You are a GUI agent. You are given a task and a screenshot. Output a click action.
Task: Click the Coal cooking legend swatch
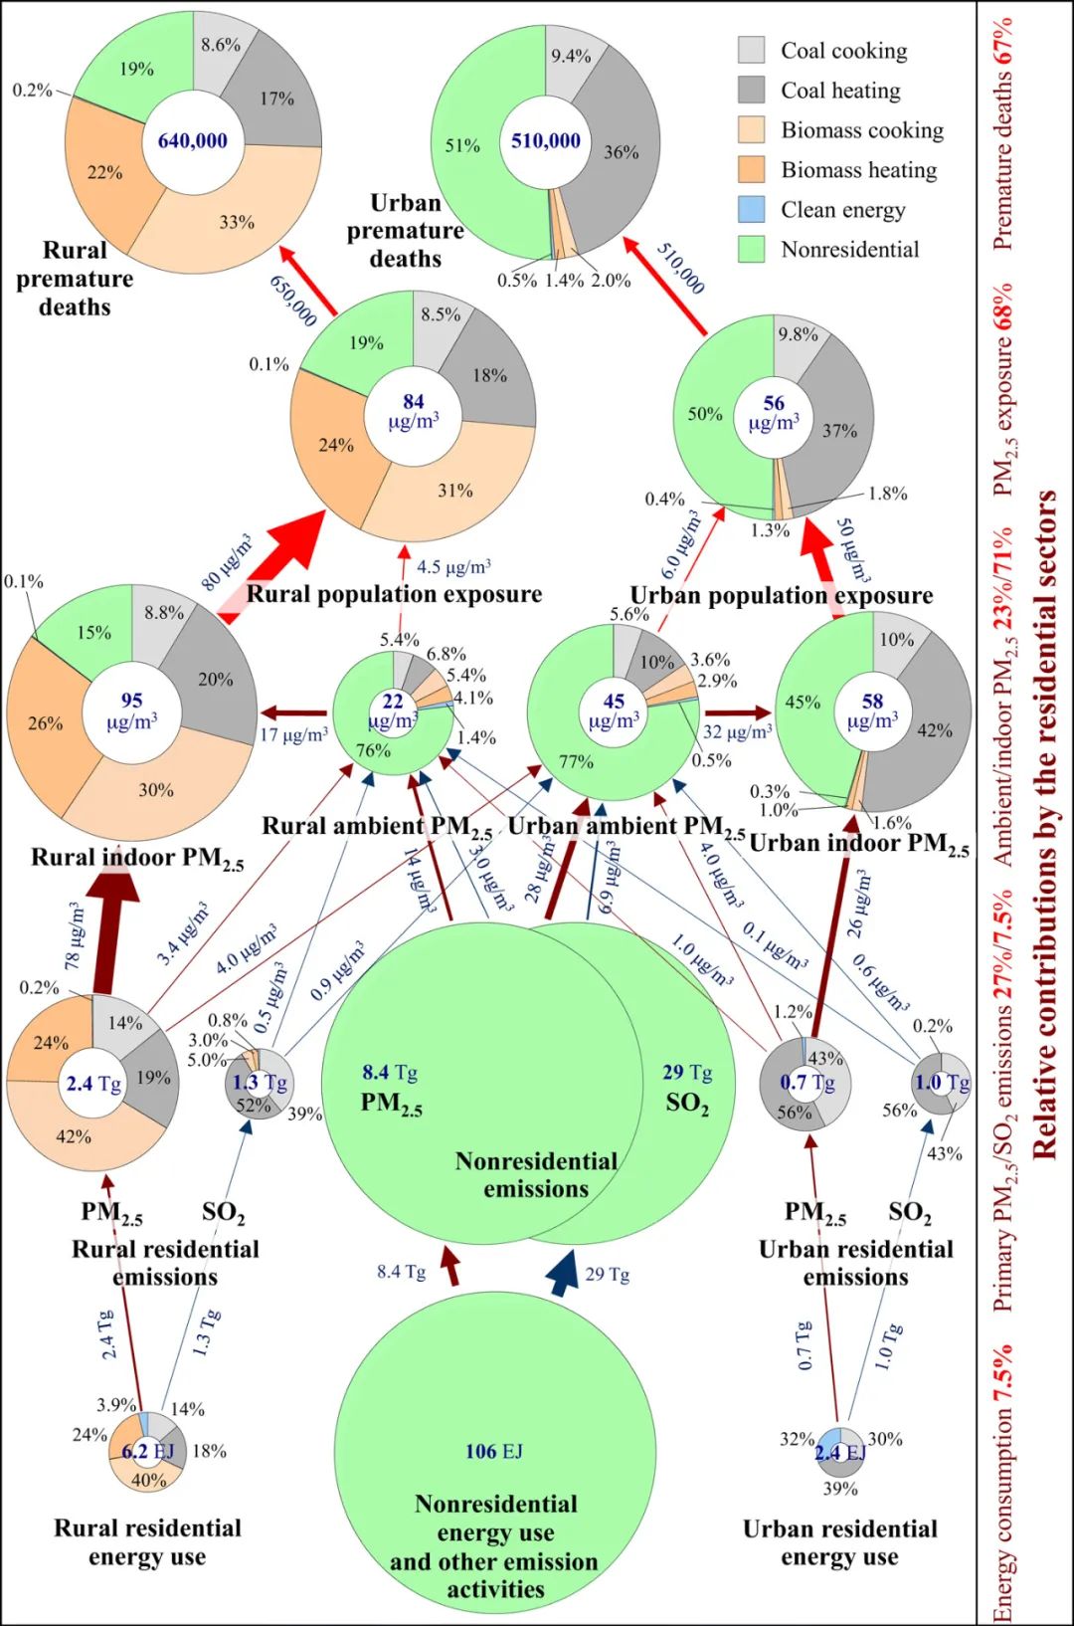tap(752, 50)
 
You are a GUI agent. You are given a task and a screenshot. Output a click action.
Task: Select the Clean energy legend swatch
tap(752, 209)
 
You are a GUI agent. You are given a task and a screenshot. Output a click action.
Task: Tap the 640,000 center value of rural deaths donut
tap(193, 141)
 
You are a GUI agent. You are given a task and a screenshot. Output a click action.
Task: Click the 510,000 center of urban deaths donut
tap(546, 141)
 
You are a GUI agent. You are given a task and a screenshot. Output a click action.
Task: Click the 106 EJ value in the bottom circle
tap(494, 1451)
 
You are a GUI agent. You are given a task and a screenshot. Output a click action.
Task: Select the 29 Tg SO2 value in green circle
tap(687, 1072)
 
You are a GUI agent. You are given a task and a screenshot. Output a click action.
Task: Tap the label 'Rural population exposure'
tap(394, 594)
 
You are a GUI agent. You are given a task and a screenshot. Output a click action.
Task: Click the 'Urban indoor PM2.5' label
tap(859, 844)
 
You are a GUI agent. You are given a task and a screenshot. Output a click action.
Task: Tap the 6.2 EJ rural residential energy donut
tap(147, 1452)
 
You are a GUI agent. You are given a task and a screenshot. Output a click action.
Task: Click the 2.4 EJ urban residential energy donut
tap(840, 1453)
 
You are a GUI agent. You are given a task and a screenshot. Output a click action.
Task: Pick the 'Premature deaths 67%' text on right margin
tap(1003, 134)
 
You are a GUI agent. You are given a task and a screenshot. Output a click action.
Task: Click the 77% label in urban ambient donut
tap(576, 761)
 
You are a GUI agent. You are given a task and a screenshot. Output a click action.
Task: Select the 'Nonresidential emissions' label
tap(536, 1175)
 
